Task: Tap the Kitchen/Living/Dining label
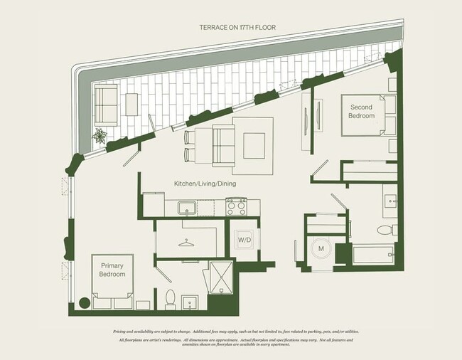(x=205, y=184)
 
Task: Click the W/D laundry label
(x=243, y=239)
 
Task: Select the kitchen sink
(x=187, y=208)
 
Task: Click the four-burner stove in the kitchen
(x=235, y=206)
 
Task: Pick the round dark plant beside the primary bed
(x=83, y=302)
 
